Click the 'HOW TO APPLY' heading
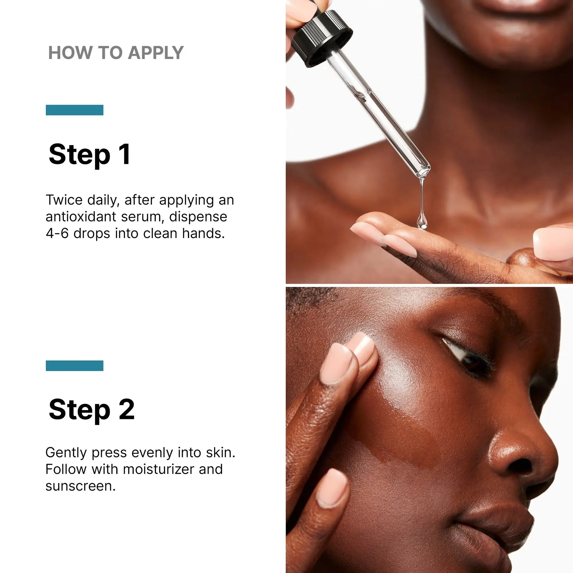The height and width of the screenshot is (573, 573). (x=116, y=53)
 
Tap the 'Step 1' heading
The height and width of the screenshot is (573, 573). (x=89, y=154)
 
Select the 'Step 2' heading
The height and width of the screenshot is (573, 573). (x=91, y=409)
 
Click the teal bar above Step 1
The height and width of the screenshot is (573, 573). (x=74, y=110)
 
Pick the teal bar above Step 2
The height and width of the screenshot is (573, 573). (x=74, y=366)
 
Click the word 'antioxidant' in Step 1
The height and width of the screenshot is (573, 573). (x=81, y=217)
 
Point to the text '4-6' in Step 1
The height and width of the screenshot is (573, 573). (x=57, y=233)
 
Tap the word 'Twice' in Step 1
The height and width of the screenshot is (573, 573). (x=64, y=200)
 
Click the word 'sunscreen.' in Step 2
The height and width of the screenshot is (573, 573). (x=81, y=486)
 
